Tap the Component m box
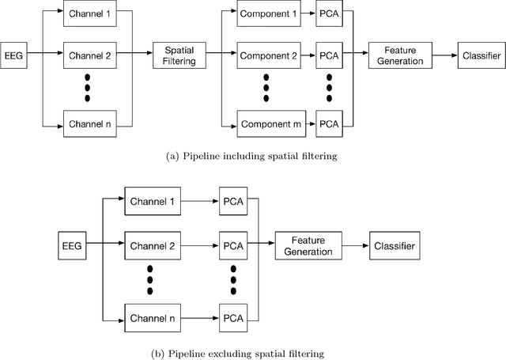(x=269, y=125)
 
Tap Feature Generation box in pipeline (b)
(x=304, y=246)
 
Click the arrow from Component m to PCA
(x=308, y=125)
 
